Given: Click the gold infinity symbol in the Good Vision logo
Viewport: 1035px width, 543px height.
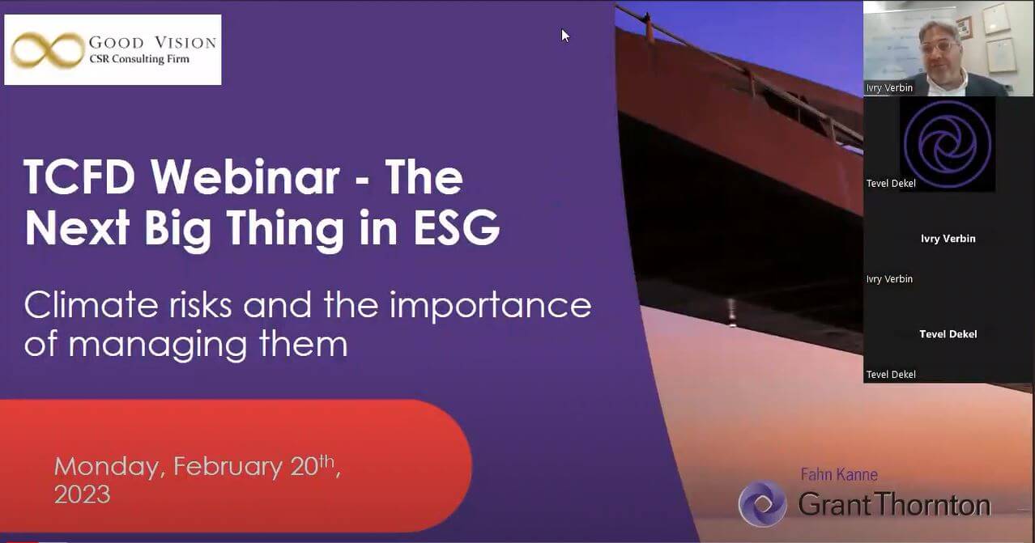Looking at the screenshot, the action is pos(48,50).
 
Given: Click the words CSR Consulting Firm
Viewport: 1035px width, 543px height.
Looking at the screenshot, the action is pos(139,59).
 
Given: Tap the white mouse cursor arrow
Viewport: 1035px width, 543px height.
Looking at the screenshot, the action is pos(565,36).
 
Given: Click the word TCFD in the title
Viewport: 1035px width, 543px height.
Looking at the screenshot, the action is pos(79,177).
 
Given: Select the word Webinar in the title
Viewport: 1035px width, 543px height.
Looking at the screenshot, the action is pos(245,177).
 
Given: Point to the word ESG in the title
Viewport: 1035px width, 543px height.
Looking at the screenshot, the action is pos(457,227).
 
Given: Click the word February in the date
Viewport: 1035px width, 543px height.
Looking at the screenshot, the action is pos(228,468).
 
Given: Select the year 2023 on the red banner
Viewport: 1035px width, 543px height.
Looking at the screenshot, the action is pos(83,494).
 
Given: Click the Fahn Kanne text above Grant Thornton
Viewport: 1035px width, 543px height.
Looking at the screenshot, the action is pos(839,475).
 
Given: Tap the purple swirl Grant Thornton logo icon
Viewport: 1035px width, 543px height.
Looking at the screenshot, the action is pos(762,503).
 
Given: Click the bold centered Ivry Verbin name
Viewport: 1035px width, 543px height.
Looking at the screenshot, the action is pos(948,239).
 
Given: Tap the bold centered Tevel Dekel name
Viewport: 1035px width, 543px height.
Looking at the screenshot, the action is pos(948,334).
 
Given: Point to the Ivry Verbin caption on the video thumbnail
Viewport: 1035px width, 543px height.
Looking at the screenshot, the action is pos(889,87).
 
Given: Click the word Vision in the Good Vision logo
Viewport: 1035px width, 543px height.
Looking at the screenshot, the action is pos(185,43).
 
